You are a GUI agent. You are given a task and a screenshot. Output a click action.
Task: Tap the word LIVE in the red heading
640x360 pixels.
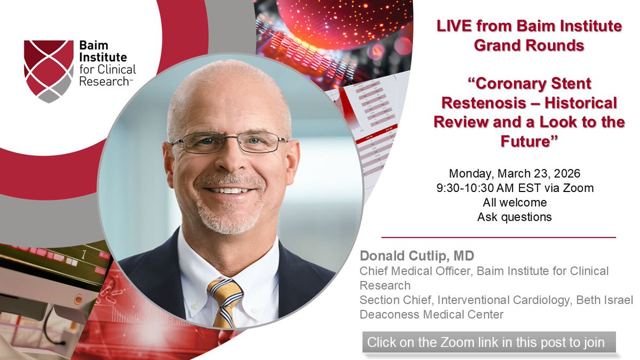pyautogui.click(x=454, y=26)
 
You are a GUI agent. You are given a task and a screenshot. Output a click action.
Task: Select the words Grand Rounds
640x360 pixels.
pyautogui.click(x=529, y=45)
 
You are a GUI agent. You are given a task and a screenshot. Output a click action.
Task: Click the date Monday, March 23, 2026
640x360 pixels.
pyautogui.click(x=514, y=173)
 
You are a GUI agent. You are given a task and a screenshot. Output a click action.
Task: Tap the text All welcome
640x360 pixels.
pyautogui.click(x=514, y=202)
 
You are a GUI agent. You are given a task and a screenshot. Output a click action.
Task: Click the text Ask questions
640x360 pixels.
pyautogui.click(x=514, y=217)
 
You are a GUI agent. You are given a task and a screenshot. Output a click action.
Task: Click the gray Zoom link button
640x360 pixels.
pyautogui.click(x=490, y=342)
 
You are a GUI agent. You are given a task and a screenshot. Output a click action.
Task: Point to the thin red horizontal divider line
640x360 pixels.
pyautogui.click(x=499, y=237)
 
